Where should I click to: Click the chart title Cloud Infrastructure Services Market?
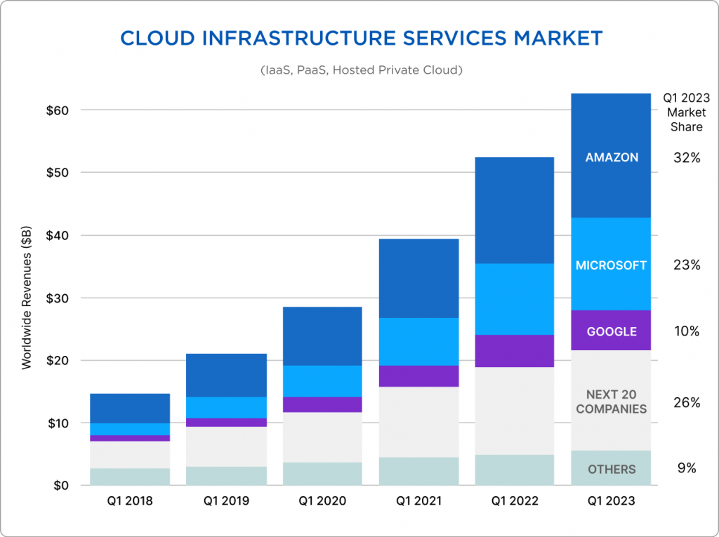coord(361,39)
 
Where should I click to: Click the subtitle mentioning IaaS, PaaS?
coord(360,70)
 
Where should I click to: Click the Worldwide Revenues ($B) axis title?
coord(27,298)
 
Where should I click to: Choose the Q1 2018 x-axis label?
coord(130,501)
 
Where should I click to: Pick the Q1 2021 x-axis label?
coord(419,501)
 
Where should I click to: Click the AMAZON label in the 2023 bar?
coord(612,157)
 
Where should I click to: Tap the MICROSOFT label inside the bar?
coord(612,265)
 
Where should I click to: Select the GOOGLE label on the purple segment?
coord(612,331)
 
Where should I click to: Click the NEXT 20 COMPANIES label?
coord(612,402)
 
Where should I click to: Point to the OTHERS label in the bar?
coord(612,469)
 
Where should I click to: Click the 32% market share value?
coord(685,158)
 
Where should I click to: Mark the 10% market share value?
coord(685,331)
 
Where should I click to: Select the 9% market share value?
coord(685,468)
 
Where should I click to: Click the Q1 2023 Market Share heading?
coord(685,113)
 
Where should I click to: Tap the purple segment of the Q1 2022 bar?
coord(515,351)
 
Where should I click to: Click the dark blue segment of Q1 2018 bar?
coord(130,408)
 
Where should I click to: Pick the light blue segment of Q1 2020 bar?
coord(322,381)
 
